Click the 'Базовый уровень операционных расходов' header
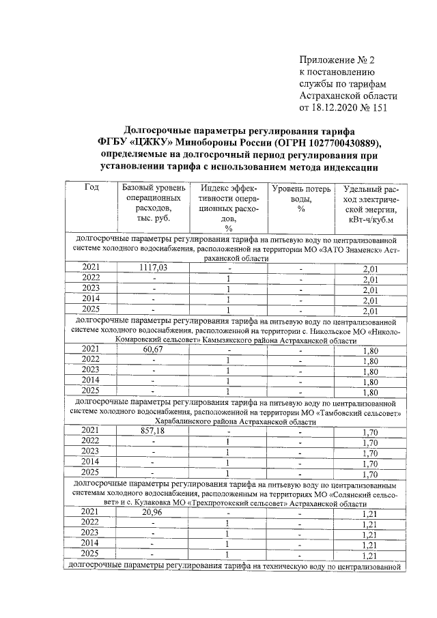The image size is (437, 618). coord(154,203)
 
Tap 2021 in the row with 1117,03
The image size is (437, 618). coord(91,268)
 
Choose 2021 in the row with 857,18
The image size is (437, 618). coord(91,430)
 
